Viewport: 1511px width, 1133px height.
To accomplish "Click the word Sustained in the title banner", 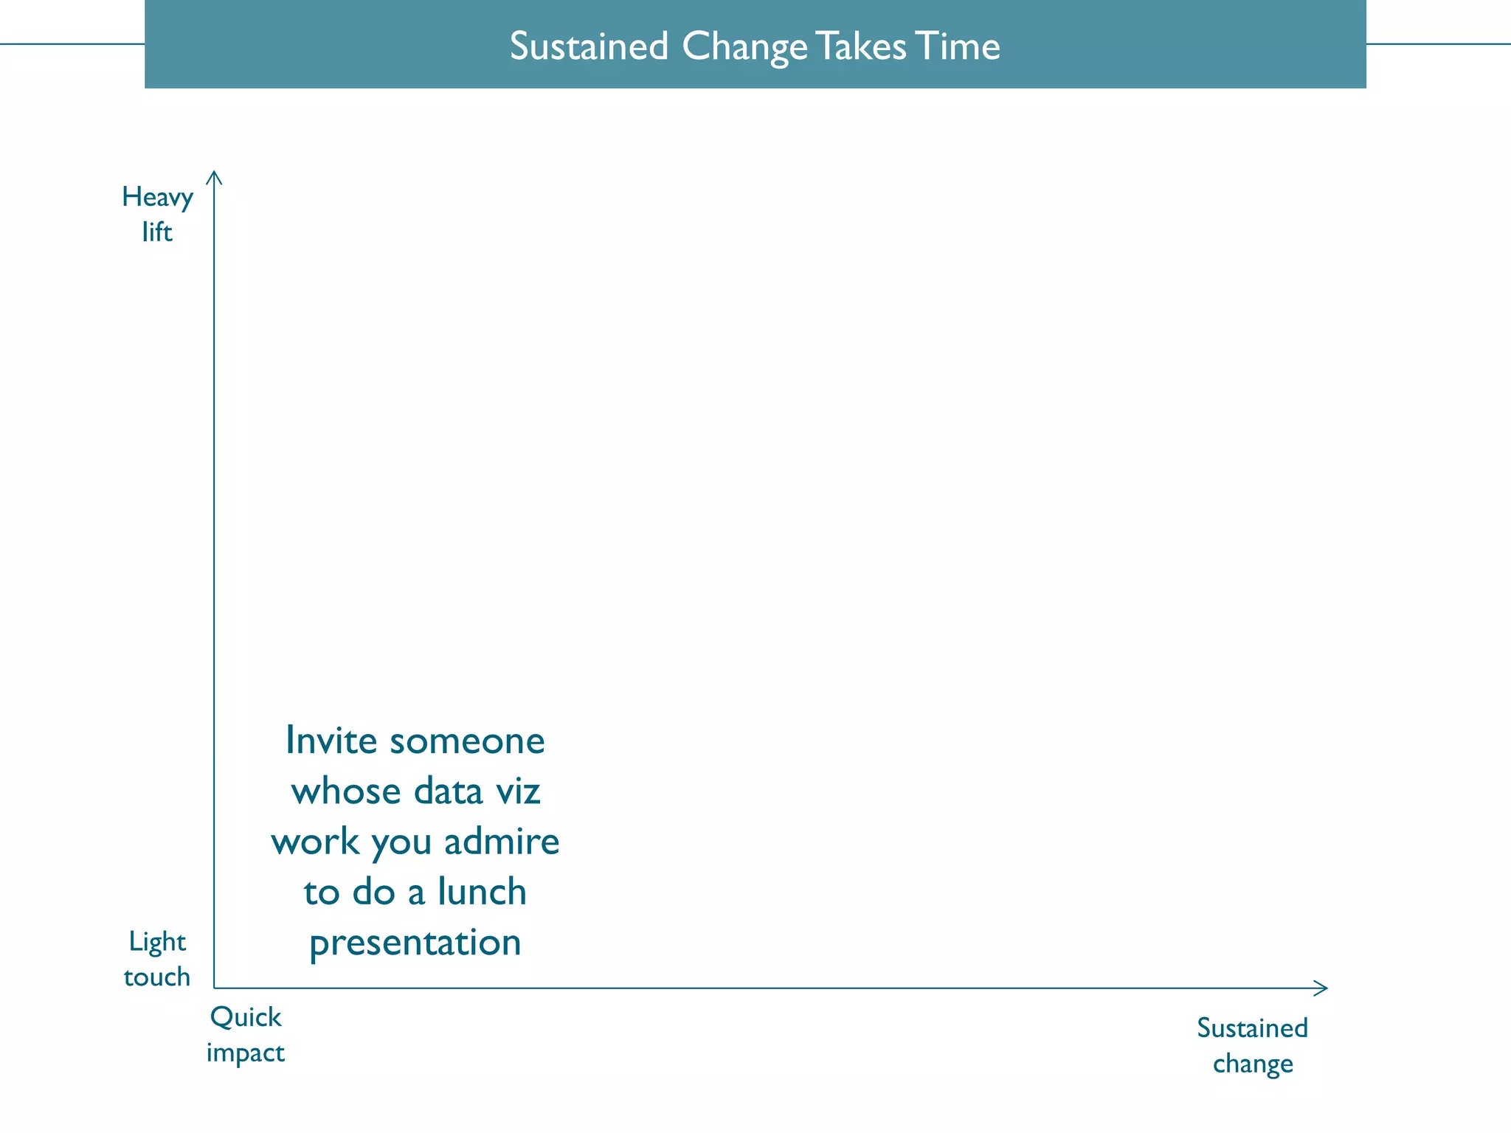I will [x=589, y=46].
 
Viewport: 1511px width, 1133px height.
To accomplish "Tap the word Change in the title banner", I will [x=744, y=46].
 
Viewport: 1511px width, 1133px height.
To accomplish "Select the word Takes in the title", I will [x=861, y=46].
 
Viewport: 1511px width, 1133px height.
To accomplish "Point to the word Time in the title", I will [x=958, y=46].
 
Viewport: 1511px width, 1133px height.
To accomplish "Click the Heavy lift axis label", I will [x=157, y=214].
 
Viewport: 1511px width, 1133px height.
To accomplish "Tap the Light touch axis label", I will [x=157, y=959].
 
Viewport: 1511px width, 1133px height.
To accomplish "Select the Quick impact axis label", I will [x=246, y=1034].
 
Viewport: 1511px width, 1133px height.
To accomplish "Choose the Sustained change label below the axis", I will [x=1252, y=1045].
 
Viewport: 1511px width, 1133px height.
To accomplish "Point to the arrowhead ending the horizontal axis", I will [x=1323, y=988].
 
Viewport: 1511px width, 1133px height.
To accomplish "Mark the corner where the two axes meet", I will [x=215, y=988].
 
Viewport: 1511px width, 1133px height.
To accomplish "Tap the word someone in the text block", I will [x=467, y=741].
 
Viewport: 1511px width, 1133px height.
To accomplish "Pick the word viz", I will [x=517, y=791].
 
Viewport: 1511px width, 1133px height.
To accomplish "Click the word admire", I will [x=502, y=842].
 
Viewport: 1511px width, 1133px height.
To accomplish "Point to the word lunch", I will [x=482, y=892].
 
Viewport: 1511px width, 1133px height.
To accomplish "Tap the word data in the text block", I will [x=448, y=791].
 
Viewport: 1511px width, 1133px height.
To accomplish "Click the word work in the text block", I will [x=315, y=842].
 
